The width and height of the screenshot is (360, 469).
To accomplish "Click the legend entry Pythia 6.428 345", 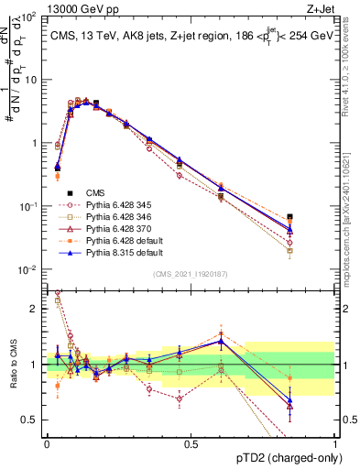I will point(118,204).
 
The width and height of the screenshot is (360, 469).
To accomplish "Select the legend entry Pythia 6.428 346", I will point(118,216).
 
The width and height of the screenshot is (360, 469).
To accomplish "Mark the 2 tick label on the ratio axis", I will point(34,309).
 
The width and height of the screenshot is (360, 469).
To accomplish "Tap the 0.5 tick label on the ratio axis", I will point(29,420).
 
